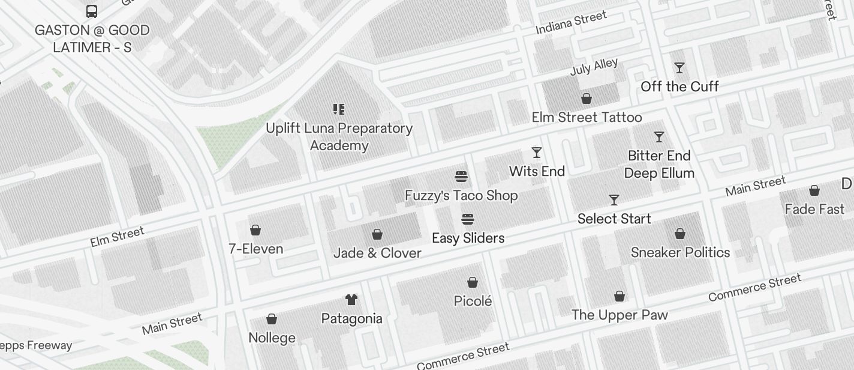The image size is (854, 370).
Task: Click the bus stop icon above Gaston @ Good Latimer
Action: [92, 11]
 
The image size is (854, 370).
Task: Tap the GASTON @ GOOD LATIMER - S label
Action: [92, 38]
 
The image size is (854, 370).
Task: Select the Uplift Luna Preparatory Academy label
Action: [339, 137]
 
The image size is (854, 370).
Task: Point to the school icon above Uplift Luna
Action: [339, 109]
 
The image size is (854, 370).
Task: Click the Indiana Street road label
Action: [571, 23]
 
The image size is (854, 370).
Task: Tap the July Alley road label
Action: [594, 67]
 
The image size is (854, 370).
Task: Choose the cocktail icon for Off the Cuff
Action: [679, 68]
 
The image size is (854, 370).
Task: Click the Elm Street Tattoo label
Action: [587, 117]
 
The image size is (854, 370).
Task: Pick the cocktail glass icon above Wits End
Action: [537, 153]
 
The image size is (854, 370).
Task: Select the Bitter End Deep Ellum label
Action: [659, 164]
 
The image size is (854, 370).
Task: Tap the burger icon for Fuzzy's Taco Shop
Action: [461, 177]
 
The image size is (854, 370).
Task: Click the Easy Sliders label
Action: [468, 238]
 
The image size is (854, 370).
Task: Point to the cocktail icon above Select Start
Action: [614, 199]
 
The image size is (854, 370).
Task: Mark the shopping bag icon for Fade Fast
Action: [814, 191]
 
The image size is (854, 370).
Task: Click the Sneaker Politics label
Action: [680, 252]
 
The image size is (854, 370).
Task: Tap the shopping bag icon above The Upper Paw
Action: [620, 296]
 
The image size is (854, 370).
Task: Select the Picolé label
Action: [473, 301]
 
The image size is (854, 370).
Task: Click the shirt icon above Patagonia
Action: [351, 300]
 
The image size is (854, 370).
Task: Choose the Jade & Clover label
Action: [377, 253]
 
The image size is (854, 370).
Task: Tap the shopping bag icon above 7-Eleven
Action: [255, 230]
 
